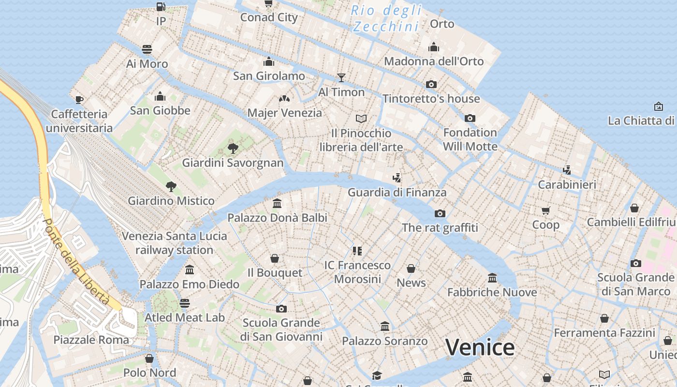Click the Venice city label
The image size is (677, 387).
click(x=480, y=347)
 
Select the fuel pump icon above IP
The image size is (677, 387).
click(x=161, y=7)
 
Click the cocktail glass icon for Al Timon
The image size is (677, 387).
click(x=341, y=77)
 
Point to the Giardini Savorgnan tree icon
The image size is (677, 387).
click(x=233, y=148)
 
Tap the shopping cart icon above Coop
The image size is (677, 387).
click(x=546, y=210)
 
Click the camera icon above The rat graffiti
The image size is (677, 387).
click(x=440, y=213)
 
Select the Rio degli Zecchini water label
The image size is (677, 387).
click(x=387, y=18)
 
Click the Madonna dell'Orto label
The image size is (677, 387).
click(x=434, y=61)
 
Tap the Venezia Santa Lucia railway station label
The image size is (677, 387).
click(x=174, y=243)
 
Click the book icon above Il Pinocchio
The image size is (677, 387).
click(x=361, y=119)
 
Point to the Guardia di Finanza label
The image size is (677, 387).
click(x=397, y=193)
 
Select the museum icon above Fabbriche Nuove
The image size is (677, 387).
click(x=492, y=278)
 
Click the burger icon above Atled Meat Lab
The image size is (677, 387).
click(x=185, y=303)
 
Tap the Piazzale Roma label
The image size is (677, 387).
click(x=91, y=340)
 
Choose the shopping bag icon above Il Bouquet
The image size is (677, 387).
click(x=275, y=258)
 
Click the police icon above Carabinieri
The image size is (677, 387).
click(x=567, y=170)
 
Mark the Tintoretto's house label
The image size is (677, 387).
click(x=431, y=99)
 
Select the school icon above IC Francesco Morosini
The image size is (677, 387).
click(x=357, y=251)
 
